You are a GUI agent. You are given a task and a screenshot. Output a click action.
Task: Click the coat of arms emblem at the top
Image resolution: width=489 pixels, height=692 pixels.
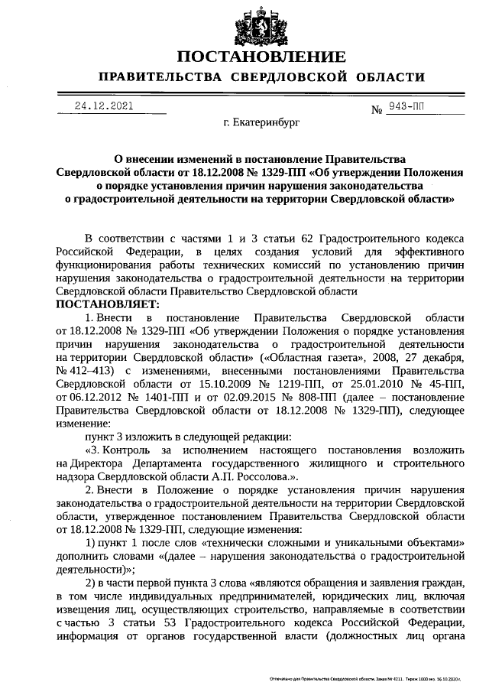(261, 25)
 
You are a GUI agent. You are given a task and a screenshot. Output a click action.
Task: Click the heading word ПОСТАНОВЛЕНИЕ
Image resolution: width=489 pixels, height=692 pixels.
(261, 57)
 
